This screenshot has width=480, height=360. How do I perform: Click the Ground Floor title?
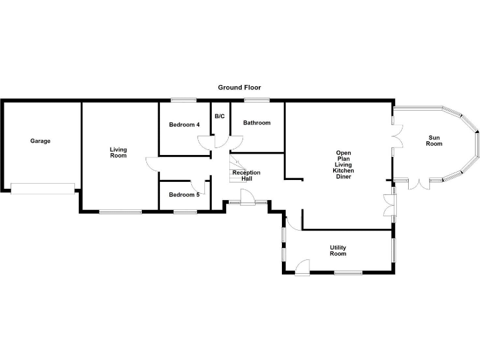pyautogui.click(x=239, y=87)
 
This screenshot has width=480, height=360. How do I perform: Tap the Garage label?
pyautogui.click(x=41, y=141)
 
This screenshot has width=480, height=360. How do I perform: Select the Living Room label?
pyautogui.click(x=118, y=152)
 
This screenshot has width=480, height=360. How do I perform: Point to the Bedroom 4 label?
pyautogui.click(x=184, y=124)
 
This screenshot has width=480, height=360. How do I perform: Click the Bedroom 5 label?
pyautogui.click(x=184, y=194)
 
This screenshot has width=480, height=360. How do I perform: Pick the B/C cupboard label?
pyautogui.click(x=220, y=116)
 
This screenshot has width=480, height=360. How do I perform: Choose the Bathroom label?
pyautogui.click(x=257, y=122)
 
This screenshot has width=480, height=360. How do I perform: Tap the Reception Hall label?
pyautogui.click(x=246, y=176)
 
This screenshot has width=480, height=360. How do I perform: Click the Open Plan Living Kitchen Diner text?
pyautogui.click(x=344, y=165)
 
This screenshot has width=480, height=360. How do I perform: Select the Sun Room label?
pyautogui.click(x=434, y=141)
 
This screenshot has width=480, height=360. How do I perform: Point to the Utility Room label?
pyautogui.click(x=338, y=251)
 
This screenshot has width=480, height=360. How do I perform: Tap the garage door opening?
pyautogui.click(x=42, y=188)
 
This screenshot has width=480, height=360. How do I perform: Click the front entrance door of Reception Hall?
pyautogui.click(x=247, y=199)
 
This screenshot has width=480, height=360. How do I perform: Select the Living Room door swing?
pyautogui.click(x=152, y=163)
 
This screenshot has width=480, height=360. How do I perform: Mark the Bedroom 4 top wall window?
pyautogui.click(x=183, y=100)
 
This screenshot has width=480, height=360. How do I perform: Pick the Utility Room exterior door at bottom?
pyautogui.click(x=302, y=268)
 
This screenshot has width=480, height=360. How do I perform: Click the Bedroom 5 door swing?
pyautogui.click(x=199, y=186)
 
